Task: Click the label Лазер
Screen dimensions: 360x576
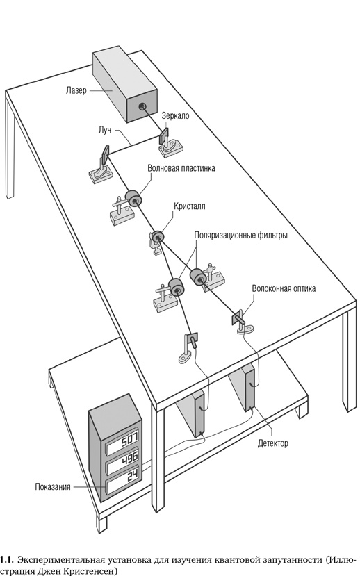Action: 76,90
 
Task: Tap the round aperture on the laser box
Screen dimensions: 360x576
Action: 142,106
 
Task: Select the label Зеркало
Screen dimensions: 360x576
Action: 175,116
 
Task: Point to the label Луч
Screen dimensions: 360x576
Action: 105,130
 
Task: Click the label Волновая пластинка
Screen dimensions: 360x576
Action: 181,168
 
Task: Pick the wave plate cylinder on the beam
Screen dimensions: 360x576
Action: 133,198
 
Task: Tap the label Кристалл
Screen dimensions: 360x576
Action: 190,206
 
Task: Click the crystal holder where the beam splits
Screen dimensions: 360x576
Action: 158,237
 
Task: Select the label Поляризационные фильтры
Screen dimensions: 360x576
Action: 240,235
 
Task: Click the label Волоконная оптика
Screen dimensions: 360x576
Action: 284,288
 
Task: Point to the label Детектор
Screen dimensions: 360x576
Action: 273,443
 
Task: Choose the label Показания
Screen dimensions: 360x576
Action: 53,487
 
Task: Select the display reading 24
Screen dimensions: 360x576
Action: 123,480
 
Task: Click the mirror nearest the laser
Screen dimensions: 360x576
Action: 163,135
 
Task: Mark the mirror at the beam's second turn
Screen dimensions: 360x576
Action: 105,155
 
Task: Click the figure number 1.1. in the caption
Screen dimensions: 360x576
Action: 7,560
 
